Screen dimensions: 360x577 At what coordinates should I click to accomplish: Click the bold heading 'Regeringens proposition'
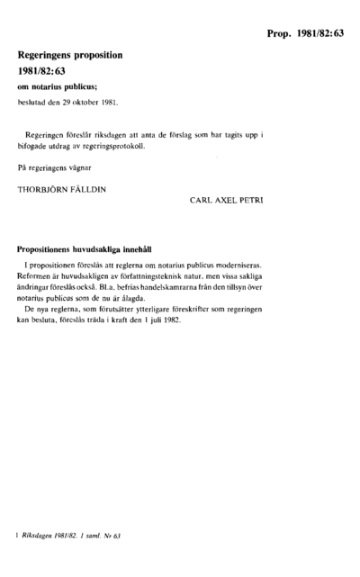[x=70, y=55]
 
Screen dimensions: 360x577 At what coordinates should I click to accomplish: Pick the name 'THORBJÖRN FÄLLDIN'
[x=58, y=190]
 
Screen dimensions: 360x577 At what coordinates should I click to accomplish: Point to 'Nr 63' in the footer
[x=111, y=536]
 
